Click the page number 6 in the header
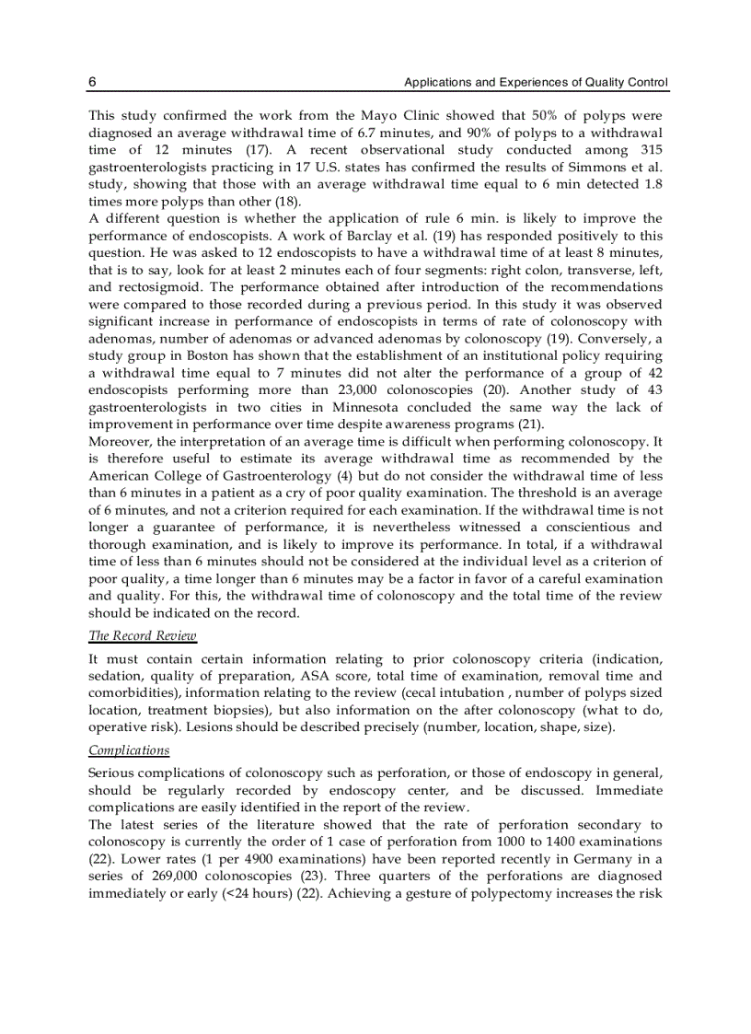[92, 83]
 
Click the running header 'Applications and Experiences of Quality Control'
[537, 83]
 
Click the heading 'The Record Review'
[142, 636]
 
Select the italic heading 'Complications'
[129, 749]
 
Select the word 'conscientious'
[580, 527]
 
